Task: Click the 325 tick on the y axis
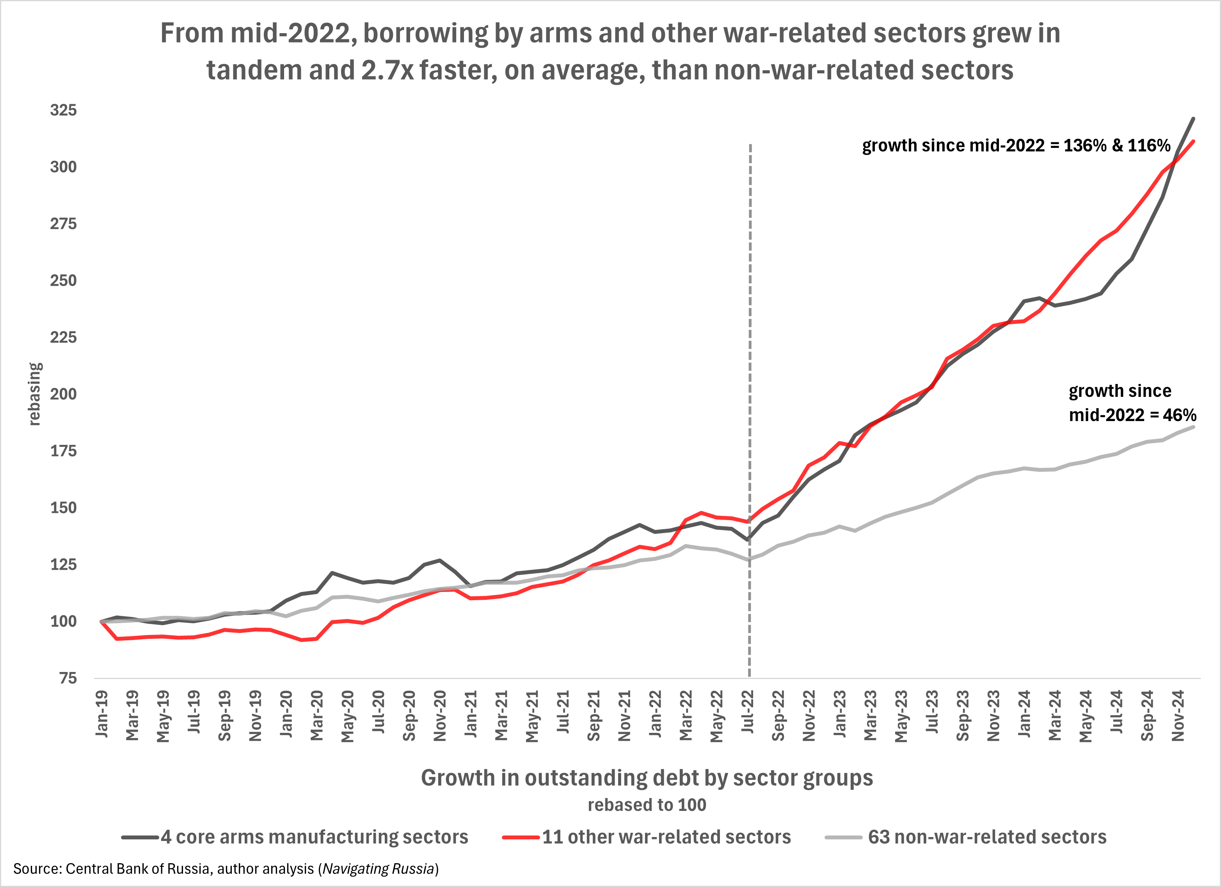[x=64, y=110]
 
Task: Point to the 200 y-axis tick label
[x=64, y=394]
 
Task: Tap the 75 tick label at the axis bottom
[x=68, y=678]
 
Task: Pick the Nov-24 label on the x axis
[x=1178, y=715]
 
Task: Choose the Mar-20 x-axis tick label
[x=317, y=715]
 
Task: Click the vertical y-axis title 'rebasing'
[x=34, y=394]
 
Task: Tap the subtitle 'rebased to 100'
[x=647, y=805]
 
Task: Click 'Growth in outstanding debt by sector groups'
[x=647, y=778]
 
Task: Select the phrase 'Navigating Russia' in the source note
[x=379, y=869]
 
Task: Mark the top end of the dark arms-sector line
[x=1193, y=118]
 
